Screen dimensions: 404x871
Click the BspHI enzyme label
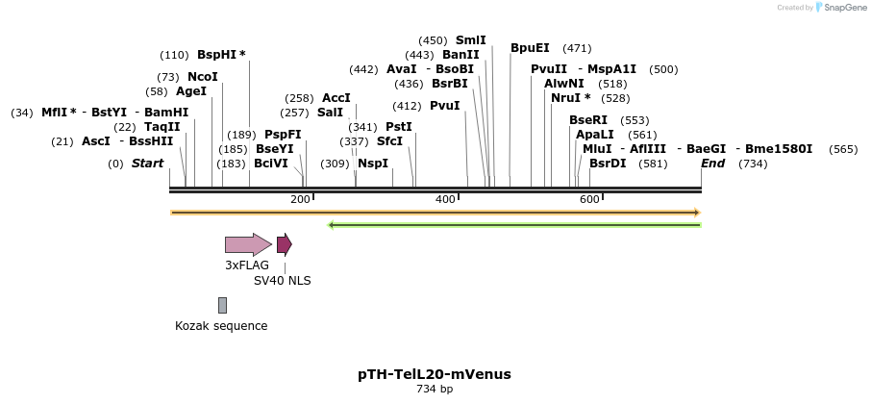[x=217, y=55]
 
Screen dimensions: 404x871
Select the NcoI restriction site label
[x=203, y=77]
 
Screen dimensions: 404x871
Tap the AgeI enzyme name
[x=191, y=91]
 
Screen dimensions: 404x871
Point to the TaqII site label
[x=162, y=126]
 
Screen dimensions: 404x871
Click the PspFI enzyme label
[x=283, y=135]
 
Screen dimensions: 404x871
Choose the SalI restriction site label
[x=330, y=113]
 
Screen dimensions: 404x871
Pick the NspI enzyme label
[x=373, y=164]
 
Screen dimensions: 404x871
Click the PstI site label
[x=398, y=127]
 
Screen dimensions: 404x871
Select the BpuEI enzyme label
[x=530, y=47]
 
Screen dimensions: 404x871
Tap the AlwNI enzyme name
[x=563, y=84]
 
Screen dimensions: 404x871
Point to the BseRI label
[x=588, y=120]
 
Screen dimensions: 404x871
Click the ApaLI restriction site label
[x=594, y=135]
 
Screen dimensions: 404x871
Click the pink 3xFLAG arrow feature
[x=248, y=244]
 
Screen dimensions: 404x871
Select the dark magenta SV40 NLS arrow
[x=284, y=244]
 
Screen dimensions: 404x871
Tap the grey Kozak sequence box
[x=222, y=305]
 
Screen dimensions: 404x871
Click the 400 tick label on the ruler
[x=445, y=199]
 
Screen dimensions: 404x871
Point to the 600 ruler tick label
[x=589, y=199]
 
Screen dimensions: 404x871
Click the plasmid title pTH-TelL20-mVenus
[x=435, y=374]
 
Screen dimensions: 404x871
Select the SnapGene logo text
[x=841, y=8]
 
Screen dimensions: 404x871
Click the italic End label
[x=712, y=164]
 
